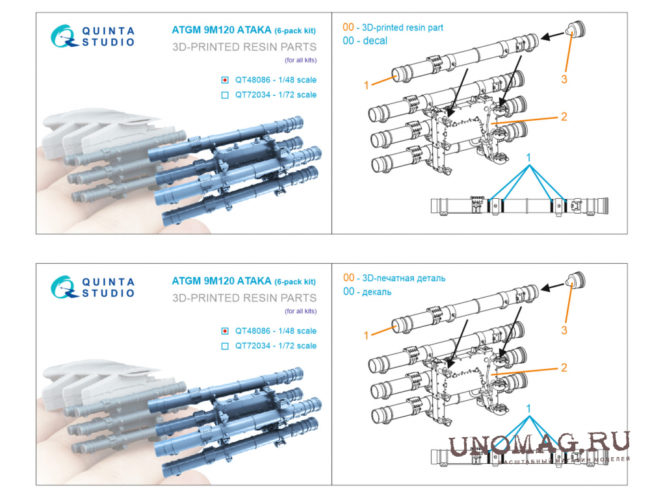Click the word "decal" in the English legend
(375, 40)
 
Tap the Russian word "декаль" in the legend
(377, 292)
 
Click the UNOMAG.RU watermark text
(539, 444)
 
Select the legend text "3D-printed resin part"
(402, 27)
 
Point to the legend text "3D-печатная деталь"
(404, 278)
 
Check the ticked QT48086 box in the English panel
(225, 80)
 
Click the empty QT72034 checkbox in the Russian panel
(225, 346)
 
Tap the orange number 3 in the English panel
(564, 79)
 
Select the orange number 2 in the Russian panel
(564, 368)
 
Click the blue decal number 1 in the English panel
(528, 158)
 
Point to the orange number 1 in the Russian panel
(366, 336)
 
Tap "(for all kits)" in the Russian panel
(301, 311)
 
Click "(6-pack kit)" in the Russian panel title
(295, 281)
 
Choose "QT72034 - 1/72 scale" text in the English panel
(276, 95)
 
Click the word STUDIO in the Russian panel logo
(109, 293)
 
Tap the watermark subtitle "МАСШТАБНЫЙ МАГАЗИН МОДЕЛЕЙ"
(564, 460)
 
